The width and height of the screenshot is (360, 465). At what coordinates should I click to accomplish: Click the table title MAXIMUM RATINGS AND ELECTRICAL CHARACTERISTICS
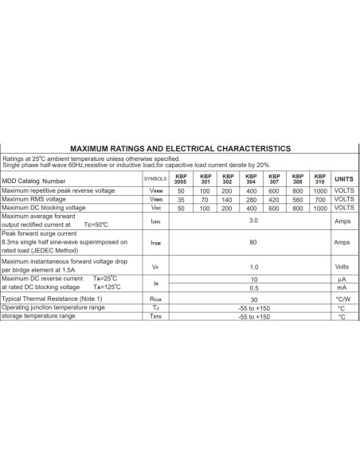[x=181, y=148]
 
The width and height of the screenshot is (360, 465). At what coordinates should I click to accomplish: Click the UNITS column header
[x=343, y=179]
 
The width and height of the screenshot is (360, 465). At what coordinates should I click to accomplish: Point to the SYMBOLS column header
[x=155, y=180]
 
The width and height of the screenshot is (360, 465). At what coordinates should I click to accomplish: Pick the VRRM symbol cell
[x=155, y=192]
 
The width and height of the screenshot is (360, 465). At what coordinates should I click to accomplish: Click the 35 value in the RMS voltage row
[x=181, y=200]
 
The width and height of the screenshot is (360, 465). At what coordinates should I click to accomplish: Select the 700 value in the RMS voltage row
[x=320, y=200]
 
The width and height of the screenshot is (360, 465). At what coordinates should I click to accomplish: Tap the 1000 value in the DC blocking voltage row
[x=320, y=208]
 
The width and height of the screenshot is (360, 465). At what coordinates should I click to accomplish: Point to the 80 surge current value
[x=253, y=242]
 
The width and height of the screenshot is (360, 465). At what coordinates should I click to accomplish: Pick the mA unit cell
[x=342, y=287]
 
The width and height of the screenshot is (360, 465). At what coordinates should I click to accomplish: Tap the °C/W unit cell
[x=342, y=298]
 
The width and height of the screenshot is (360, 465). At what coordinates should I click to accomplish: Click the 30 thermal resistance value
[x=253, y=298]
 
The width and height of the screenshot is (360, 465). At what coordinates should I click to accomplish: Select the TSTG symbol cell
[x=155, y=317]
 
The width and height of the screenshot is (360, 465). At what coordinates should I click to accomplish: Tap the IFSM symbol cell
[x=155, y=243]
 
